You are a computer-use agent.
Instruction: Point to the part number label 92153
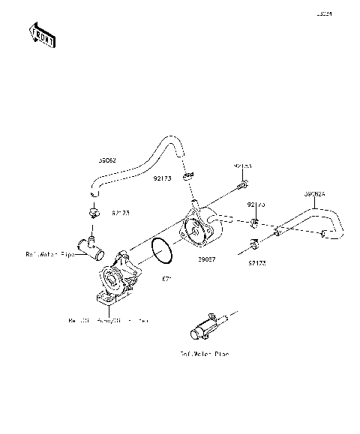(x=242, y=165)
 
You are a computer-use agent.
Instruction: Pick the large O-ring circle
(x=163, y=250)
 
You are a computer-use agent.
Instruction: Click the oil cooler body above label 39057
(x=199, y=228)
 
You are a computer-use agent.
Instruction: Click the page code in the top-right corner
(x=345, y=13)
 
